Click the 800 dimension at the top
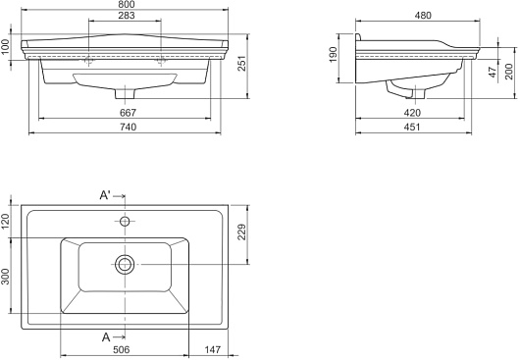coord(127,4)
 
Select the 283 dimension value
coord(127,16)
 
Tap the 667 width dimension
coord(128,113)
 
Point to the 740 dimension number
coord(128,127)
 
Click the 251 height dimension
coord(242,63)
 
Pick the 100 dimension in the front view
coord(5,47)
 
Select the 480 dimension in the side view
coord(423,16)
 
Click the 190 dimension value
coord(334,54)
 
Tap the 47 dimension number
coord(494,73)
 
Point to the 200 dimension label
coord(509,72)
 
